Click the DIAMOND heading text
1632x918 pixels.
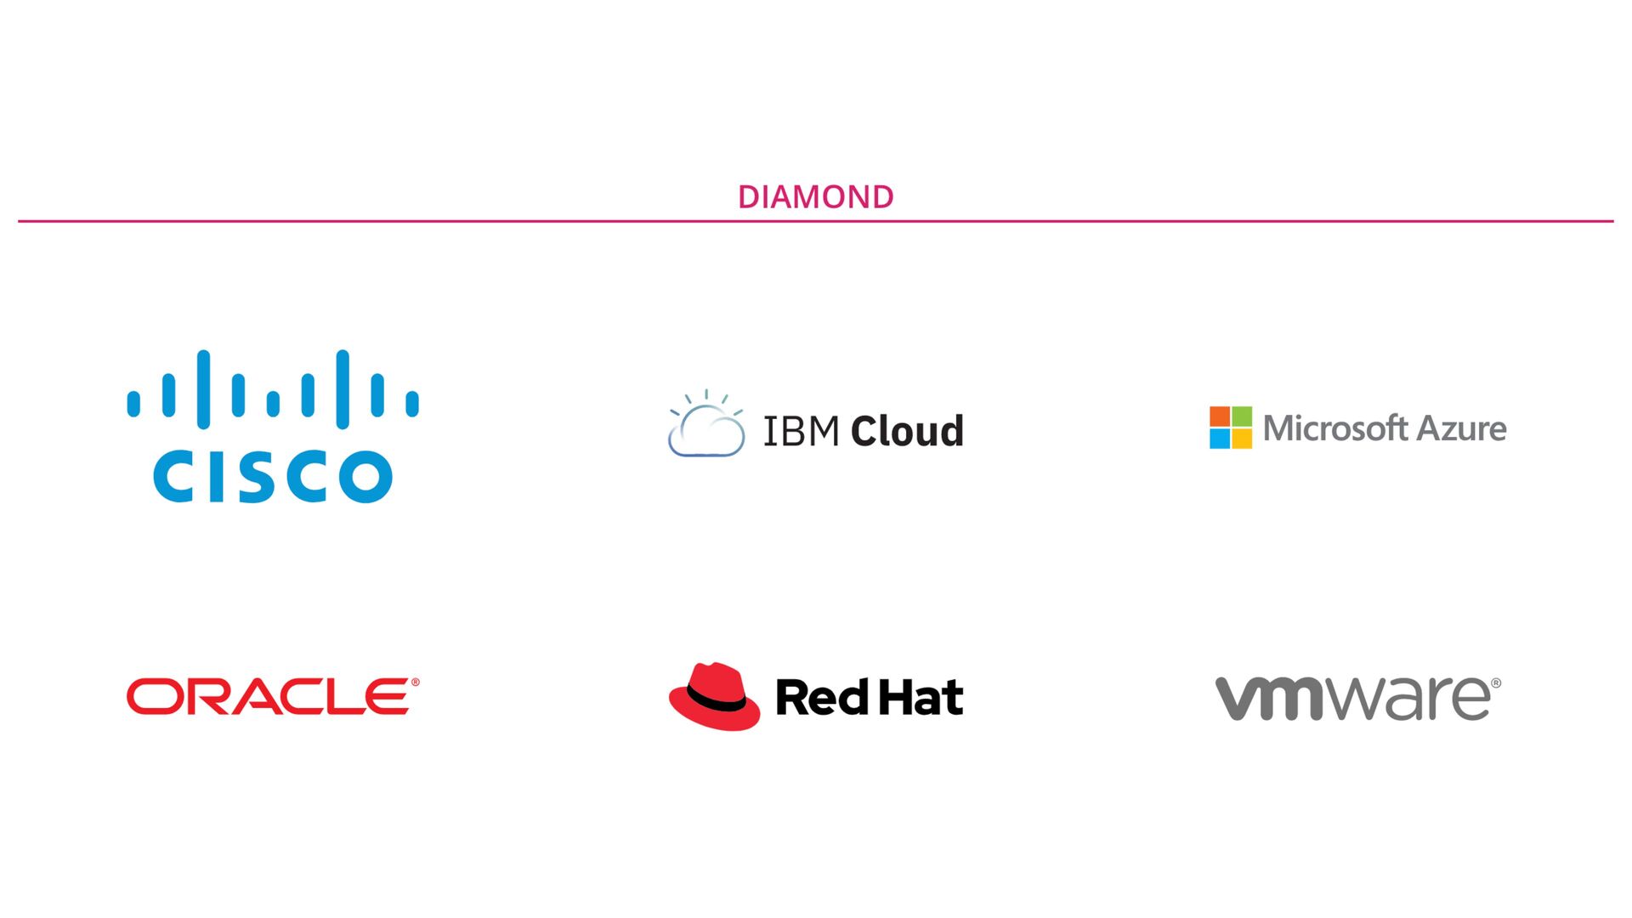tap(815, 197)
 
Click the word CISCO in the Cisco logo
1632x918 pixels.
tap(272, 476)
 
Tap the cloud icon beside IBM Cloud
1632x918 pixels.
tap(705, 428)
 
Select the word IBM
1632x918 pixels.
tap(801, 431)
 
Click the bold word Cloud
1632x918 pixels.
tap(907, 431)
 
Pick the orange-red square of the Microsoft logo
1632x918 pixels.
tap(1220, 416)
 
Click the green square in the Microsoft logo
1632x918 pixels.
tap(1242, 416)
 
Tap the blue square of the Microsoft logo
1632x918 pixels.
tap(1220, 439)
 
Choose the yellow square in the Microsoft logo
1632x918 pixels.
tap(1242, 439)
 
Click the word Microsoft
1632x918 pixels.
tap(1335, 428)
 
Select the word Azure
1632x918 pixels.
tap(1462, 428)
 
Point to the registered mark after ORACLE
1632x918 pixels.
tap(415, 683)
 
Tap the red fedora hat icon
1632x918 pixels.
tap(714, 697)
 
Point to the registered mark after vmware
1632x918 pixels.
tap(1496, 683)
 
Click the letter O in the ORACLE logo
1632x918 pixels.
tap(150, 697)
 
